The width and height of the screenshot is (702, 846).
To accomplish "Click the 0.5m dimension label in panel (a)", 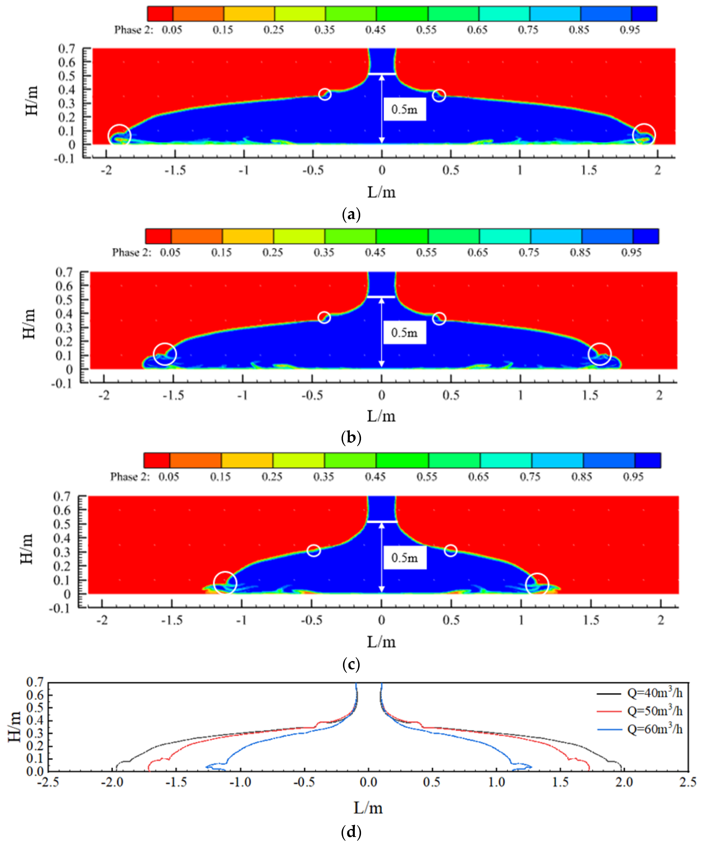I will (404, 109).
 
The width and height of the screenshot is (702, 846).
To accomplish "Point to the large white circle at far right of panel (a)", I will (644, 135).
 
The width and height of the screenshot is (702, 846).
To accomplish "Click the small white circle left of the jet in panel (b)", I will (324, 317).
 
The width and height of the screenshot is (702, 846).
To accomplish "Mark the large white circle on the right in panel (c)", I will (537, 584).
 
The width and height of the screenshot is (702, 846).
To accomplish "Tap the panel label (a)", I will (351, 214).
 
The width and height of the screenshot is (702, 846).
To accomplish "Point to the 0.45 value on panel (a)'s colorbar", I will (375, 30).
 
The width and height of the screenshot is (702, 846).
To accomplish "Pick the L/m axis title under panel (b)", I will (381, 416).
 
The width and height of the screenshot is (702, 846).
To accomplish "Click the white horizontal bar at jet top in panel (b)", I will (381, 297).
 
